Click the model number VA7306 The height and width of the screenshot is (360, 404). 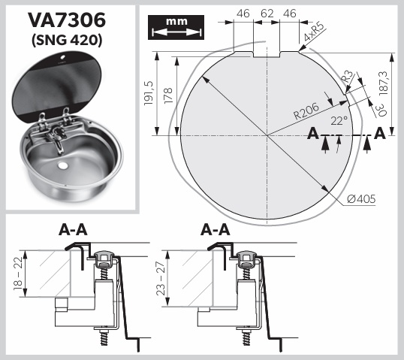[x=67, y=20]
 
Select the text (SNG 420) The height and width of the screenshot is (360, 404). [x=67, y=41]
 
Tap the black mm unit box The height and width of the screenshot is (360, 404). [x=176, y=27]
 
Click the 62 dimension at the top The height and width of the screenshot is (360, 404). [x=267, y=14]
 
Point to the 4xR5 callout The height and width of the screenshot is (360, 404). [x=313, y=32]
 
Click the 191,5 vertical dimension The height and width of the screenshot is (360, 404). [x=149, y=93]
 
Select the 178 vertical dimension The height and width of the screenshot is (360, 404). [x=168, y=95]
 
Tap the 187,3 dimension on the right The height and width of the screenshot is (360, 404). [x=384, y=83]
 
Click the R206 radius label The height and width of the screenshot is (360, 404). [x=306, y=111]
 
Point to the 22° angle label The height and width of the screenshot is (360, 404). [x=339, y=120]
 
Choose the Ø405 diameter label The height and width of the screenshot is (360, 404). [x=361, y=199]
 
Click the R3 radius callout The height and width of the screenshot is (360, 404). [x=348, y=77]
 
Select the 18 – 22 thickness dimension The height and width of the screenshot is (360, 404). [x=19, y=274]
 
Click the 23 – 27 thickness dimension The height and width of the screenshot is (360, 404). [x=161, y=279]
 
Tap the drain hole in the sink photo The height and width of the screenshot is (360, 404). [x=62, y=165]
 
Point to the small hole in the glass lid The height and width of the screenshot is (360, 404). [x=63, y=56]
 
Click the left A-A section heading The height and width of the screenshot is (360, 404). [x=73, y=230]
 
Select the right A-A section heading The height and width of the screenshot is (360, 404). [x=215, y=230]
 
